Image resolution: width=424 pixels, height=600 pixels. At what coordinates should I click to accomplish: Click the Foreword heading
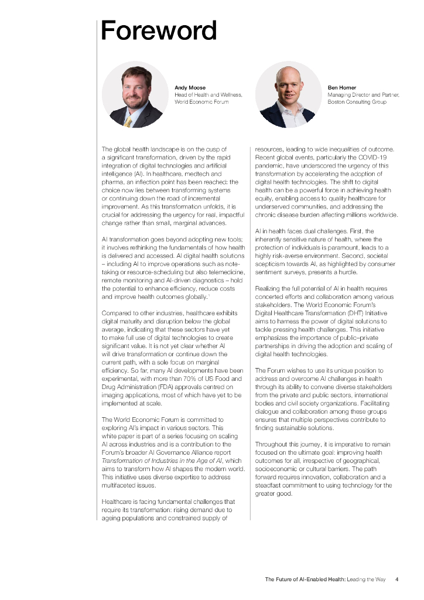159,30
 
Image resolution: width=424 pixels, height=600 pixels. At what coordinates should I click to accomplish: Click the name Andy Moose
190,88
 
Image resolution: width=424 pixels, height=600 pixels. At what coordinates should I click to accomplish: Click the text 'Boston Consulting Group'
357,102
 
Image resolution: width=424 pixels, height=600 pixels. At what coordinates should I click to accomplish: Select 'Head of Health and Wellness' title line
208,95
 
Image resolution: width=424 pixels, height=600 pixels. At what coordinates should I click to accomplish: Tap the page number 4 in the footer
397,579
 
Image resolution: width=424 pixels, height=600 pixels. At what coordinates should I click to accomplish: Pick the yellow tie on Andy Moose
128,122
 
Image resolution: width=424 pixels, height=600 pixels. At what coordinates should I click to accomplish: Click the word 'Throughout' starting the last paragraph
272,444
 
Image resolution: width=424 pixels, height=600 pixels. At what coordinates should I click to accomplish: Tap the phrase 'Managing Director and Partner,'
363,95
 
